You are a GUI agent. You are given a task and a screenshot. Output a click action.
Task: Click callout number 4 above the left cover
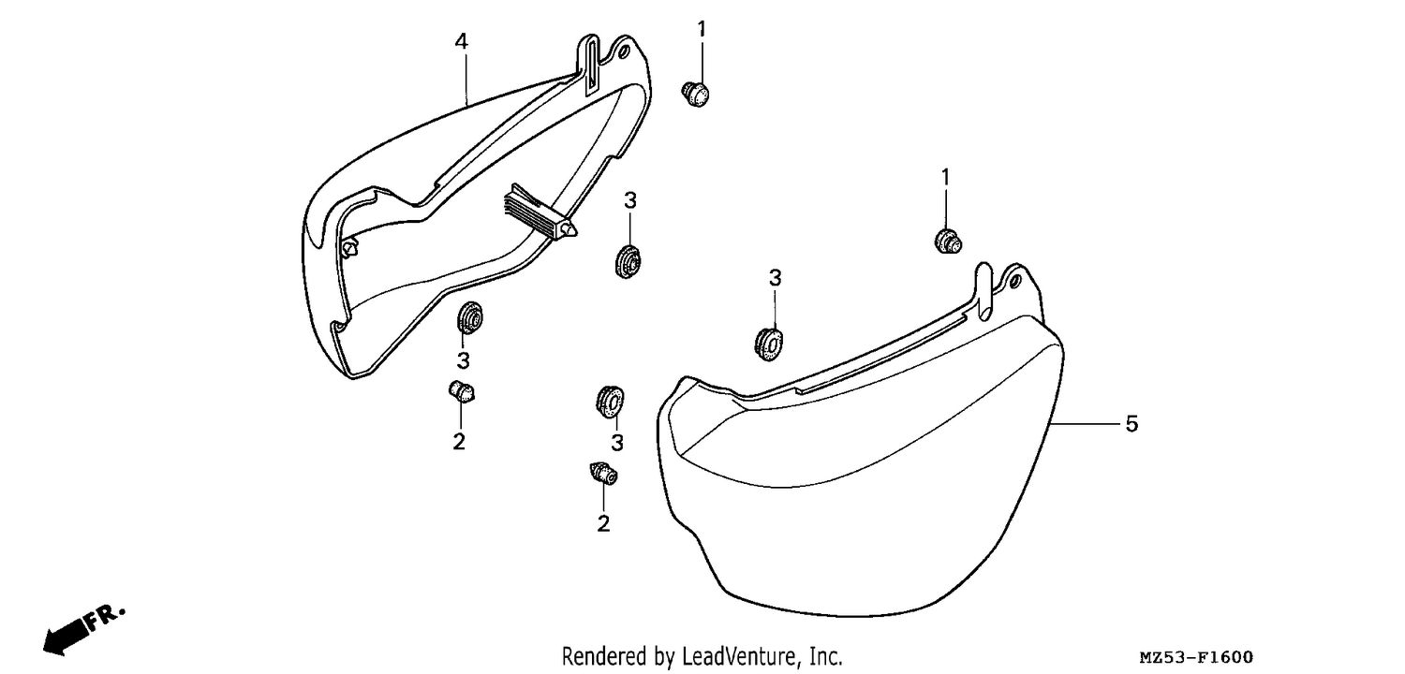click(461, 42)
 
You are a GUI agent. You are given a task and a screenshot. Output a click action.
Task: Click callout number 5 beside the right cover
click(1131, 424)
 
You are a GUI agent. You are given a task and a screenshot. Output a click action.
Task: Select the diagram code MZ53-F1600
click(1196, 657)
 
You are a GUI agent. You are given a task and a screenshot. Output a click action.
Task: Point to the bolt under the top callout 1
click(695, 94)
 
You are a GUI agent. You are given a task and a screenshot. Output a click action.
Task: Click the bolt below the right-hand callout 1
click(948, 242)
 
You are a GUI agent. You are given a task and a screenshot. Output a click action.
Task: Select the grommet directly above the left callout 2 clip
click(469, 318)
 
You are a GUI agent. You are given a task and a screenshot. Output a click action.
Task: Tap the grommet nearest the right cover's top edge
click(769, 344)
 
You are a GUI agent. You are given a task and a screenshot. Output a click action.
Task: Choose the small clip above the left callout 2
click(462, 391)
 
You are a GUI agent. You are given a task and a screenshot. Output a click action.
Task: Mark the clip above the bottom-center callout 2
click(603, 473)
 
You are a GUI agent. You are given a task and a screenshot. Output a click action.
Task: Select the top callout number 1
click(702, 29)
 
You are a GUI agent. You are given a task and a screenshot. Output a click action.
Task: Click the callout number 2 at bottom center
click(603, 523)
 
